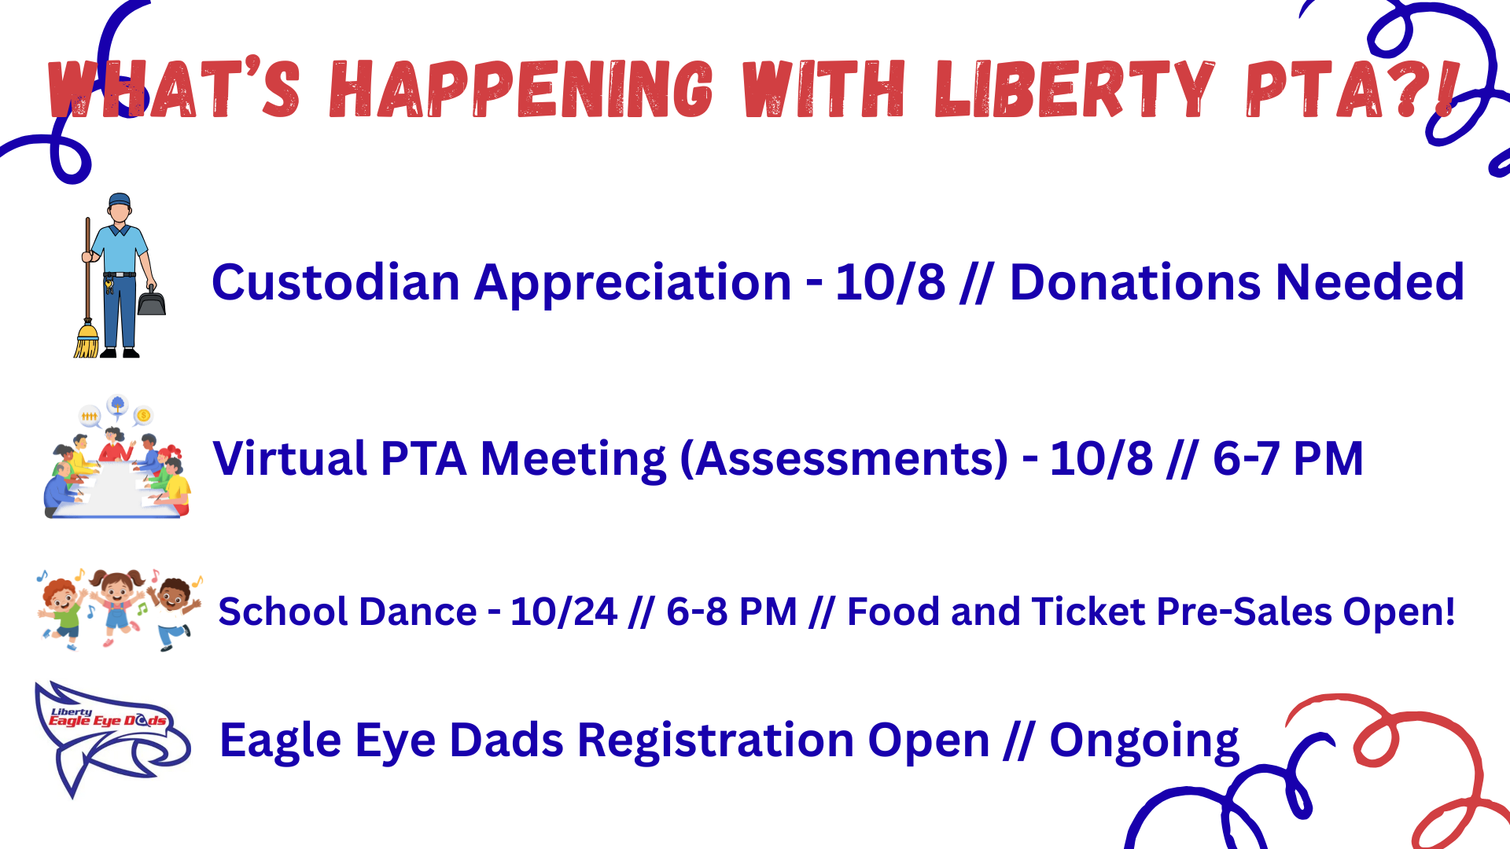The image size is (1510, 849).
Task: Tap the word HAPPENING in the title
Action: tap(521, 90)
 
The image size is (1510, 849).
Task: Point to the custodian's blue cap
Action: tap(120, 200)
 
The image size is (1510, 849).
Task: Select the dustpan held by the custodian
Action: tap(152, 299)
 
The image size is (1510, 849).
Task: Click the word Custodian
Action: tap(336, 282)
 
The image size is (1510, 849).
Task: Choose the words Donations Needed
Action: tap(1237, 282)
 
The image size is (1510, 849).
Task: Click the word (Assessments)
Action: tap(844, 459)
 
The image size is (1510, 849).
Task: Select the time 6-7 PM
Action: tap(1288, 458)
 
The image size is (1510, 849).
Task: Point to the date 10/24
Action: tap(564, 612)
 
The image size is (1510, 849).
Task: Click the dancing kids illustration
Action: tap(118, 610)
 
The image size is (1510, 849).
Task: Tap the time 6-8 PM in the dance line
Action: tap(731, 612)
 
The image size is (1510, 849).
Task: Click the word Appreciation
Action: tap(632, 284)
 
